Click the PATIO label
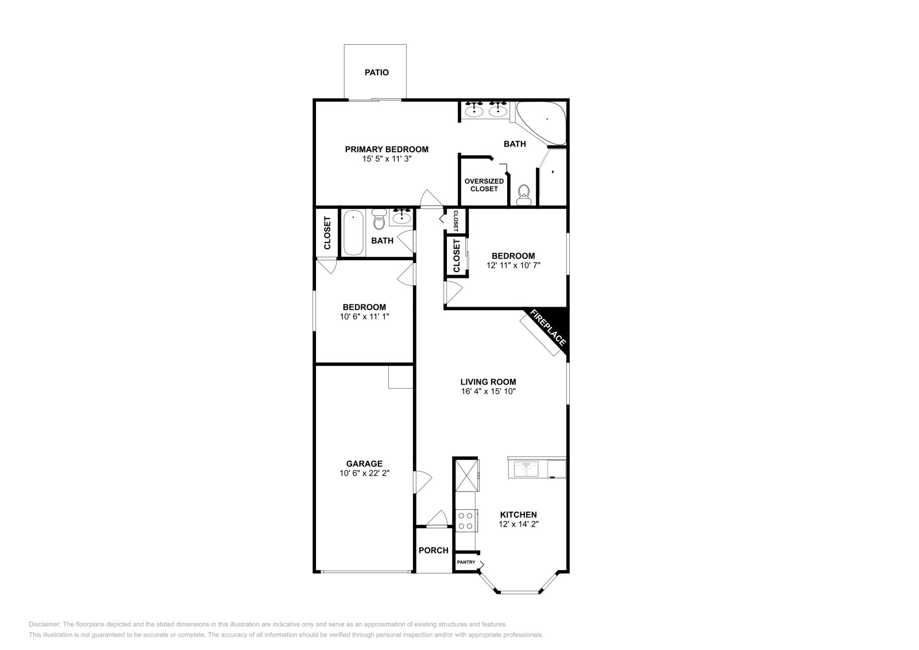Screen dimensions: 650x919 pyautogui.click(x=376, y=72)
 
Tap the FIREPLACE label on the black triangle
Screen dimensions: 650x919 pyautogui.click(x=548, y=328)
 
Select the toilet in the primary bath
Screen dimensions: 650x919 pyautogui.click(x=523, y=195)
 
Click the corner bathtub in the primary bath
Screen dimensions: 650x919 pyautogui.click(x=542, y=121)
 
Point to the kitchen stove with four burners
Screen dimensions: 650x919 pyautogui.click(x=465, y=520)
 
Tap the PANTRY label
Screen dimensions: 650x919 pyautogui.click(x=466, y=562)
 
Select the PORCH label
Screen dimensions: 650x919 pyautogui.click(x=433, y=550)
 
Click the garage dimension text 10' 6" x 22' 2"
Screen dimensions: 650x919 pyautogui.click(x=364, y=473)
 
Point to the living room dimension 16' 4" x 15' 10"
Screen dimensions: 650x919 pyautogui.click(x=488, y=391)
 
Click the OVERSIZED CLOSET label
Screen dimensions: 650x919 pyautogui.click(x=484, y=185)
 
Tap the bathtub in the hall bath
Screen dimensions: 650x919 pyautogui.click(x=353, y=233)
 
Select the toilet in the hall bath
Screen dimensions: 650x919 pyautogui.click(x=379, y=219)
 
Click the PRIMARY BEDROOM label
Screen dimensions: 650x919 pyautogui.click(x=387, y=149)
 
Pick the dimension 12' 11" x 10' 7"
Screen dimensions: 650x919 pyautogui.click(x=513, y=265)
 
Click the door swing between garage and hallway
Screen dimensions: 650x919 pyautogui.click(x=422, y=481)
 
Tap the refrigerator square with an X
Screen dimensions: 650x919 pyautogui.click(x=466, y=474)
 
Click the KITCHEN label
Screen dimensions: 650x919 pyautogui.click(x=518, y=514)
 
